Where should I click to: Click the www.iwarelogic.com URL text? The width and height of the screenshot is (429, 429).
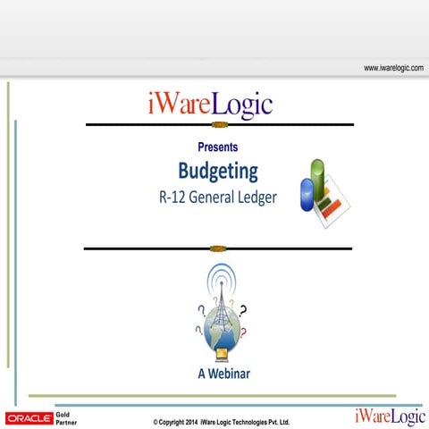pyautogui.click(x=393, y=68)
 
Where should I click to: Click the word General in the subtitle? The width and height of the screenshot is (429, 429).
pyautogui.click(x=215, y=198)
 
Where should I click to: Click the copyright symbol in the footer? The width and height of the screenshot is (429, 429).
pyautogui.click(x=156, y=422)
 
